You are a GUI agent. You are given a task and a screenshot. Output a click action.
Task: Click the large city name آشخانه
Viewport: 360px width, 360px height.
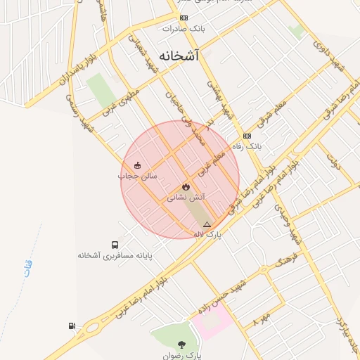(x=180, y=57)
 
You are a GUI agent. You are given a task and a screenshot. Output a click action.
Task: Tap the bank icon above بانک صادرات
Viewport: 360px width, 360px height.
(x=184, y=18)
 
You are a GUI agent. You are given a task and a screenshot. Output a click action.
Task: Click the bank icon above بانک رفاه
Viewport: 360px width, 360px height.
(x=246, y=136)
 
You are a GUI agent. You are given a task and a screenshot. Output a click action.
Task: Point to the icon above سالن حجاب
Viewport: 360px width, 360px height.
(x=136, y=165)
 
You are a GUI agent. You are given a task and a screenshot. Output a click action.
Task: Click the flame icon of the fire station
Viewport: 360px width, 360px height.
(x=185, y=187)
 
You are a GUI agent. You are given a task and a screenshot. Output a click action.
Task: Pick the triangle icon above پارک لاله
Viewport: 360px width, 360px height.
(x=206, y=224)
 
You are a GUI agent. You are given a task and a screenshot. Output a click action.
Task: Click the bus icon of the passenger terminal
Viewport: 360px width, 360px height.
(x=115, y=243)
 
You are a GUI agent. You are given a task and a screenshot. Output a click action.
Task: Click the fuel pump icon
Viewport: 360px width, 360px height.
(x=72, y=326)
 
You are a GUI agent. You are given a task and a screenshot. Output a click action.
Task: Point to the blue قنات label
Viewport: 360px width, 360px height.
(x=27, y=268)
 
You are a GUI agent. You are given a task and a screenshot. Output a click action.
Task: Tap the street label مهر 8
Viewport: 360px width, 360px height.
(x=262, y=325)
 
